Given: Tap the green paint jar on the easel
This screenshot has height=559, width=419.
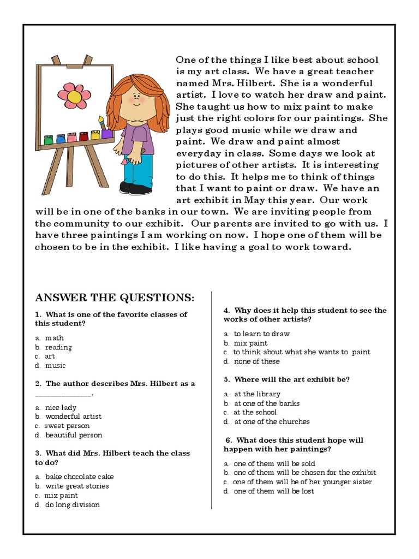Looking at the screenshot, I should click(x=48, y=140).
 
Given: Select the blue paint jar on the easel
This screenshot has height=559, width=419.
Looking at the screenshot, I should click(x=60, y=139).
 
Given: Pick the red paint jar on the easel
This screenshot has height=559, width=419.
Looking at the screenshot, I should click(x=83, y=136).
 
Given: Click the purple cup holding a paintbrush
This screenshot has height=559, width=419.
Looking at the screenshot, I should click(x=107, y=133).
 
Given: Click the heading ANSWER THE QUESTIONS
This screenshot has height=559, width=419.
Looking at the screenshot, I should click(x=115, y=298).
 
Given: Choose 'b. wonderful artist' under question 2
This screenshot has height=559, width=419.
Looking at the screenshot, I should click(x=68, y=417).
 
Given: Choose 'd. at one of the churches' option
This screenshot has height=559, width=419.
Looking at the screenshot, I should click(x=267, y=421).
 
